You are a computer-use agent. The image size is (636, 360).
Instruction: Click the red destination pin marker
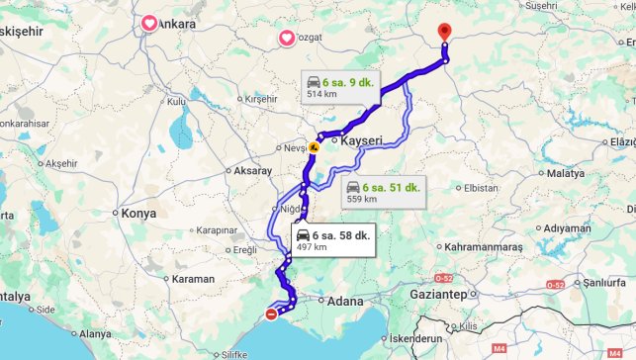pos(444,32)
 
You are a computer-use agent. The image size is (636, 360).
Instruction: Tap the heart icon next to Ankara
pos(148,23)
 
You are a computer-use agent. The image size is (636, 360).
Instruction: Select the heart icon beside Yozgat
pos(287,39)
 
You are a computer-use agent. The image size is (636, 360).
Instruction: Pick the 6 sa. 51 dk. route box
pos(384,192)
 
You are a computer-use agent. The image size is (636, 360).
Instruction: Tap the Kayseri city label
pos(361,141)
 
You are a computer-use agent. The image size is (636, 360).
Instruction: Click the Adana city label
pos(345,301)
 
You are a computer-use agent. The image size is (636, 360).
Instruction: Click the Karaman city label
pos(193,280)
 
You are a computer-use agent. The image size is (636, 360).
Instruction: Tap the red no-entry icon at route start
pos(271,315)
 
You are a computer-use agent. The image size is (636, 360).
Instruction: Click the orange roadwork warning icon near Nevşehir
pos(314,147)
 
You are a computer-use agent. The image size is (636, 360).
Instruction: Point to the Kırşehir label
pos(262,99)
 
